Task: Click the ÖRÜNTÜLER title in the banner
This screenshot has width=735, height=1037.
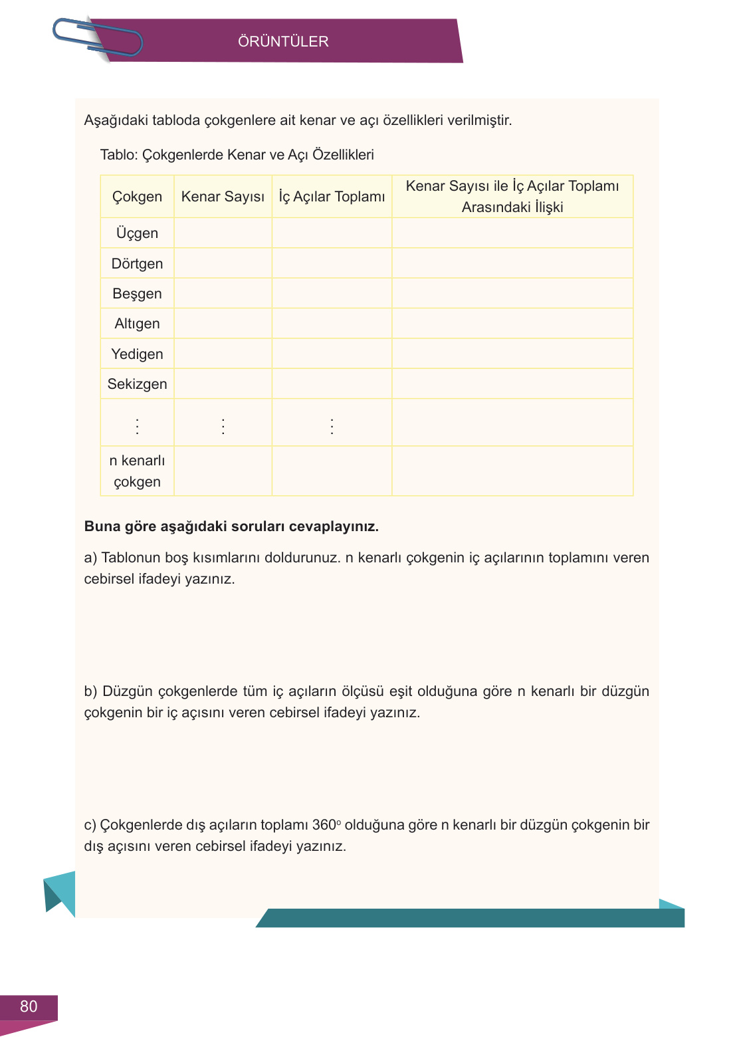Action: tap(283, 41)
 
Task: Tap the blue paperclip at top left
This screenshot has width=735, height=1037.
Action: tap(98, 37)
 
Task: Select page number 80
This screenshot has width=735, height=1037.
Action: tap(29, 1006)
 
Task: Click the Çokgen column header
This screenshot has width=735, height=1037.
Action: tap(137, 197)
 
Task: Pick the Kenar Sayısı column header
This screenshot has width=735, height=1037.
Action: tap(223, 197)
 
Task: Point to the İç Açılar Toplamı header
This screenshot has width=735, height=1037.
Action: tap(332, 197)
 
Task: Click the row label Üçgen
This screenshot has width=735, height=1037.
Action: tap(137, 233)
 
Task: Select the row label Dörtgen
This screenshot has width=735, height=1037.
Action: tap(137, 264)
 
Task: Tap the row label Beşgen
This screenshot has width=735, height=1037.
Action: tap(137, 294)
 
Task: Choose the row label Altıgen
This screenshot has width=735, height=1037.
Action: tap(137, 324)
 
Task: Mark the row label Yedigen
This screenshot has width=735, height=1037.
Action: tap(137, 354)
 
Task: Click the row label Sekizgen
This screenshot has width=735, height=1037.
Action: tap(137, 384)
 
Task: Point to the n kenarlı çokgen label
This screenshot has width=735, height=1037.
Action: tap(137, 471)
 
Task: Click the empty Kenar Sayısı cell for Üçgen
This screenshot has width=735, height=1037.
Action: tap(223, 233)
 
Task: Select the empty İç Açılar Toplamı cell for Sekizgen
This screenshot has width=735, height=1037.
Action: tap(332, 384)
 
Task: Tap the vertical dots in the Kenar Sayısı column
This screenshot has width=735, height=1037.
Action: tap(223, 426)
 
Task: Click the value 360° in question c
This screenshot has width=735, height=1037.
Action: tap(326, 825)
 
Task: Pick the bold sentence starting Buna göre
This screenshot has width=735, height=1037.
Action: tap(231, 526)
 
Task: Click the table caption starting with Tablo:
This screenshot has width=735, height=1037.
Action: tap(237, 155)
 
